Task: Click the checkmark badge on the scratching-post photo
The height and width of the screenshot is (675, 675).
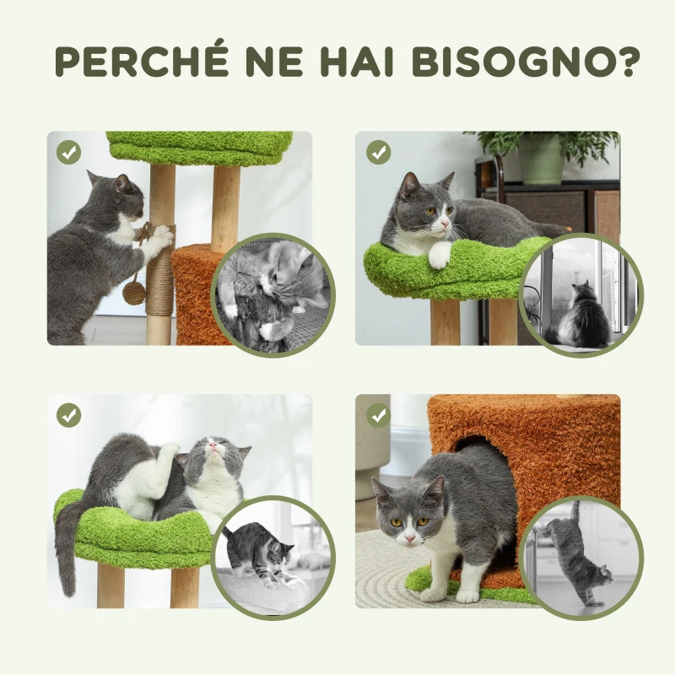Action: point(69,153)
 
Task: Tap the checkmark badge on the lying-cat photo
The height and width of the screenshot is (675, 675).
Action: point(379,153)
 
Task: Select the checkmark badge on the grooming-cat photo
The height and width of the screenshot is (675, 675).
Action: point(69,415)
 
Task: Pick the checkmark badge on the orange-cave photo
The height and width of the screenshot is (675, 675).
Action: point(379,415)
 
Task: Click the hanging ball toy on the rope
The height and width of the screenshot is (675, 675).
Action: point(133,292)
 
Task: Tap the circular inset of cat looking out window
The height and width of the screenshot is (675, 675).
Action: point(580,294)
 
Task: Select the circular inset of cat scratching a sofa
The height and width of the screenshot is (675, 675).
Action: point(273,294)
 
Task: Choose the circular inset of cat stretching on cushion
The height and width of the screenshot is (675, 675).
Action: point(273,557)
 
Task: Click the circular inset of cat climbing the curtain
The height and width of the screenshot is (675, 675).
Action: point(580,557)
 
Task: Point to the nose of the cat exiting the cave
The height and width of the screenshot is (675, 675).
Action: point(408,533)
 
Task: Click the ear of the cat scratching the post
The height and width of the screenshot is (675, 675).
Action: point(122,182)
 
